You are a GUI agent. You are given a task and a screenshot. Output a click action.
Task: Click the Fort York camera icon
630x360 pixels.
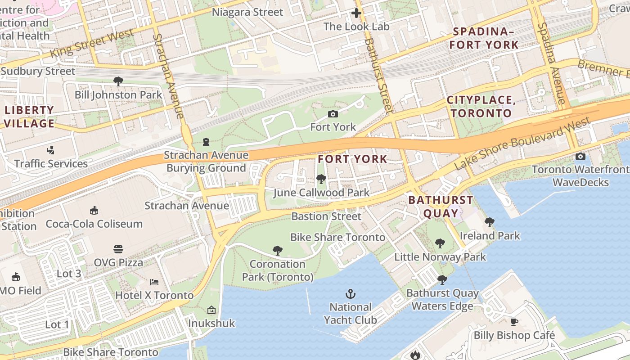point(333,114)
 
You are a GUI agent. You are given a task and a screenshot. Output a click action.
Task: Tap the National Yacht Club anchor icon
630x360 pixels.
point(350,294)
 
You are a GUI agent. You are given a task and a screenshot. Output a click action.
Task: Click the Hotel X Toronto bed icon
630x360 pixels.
point(154,282)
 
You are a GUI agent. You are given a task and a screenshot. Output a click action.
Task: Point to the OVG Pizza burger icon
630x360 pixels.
point(118,249)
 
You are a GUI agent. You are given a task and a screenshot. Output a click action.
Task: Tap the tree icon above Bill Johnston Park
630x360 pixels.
point(118,81)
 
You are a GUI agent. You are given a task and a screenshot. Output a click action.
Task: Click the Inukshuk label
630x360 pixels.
point(211,323)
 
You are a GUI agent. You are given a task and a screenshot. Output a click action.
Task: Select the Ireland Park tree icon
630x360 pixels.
point(490,222)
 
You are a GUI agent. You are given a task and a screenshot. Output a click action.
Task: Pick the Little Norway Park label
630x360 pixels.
point(440,257)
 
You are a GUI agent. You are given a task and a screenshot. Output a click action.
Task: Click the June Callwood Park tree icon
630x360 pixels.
point(321,180)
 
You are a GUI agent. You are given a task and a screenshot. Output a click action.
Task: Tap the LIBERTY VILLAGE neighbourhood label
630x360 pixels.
point(30,117)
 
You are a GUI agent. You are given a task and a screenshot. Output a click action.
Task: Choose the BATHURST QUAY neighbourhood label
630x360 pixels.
point(441,207)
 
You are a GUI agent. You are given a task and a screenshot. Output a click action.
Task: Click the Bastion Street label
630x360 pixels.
point(326,216)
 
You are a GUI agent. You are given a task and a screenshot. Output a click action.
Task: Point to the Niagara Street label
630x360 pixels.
point(247,12)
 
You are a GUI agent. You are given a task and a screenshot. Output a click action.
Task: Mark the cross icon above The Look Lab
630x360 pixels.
point(356,13)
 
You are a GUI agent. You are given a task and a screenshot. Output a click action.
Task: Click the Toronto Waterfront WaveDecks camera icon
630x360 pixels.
point(580,157)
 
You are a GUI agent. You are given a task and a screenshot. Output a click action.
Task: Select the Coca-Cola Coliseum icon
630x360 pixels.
point(94,210)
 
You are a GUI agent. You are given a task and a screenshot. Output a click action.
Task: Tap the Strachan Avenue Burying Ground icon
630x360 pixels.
point(206,142)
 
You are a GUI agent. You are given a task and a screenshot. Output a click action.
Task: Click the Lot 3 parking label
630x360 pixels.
point(69,274)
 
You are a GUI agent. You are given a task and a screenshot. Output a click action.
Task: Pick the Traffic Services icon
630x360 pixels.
point(51,150)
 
